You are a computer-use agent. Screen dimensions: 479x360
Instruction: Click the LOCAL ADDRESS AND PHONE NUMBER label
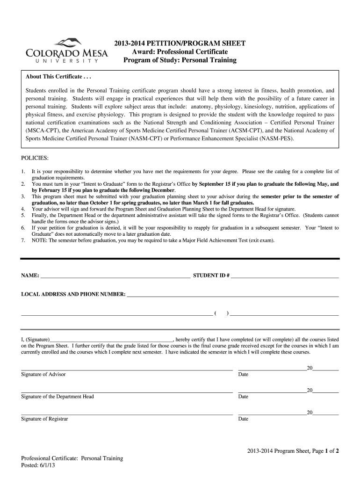coord(73,294)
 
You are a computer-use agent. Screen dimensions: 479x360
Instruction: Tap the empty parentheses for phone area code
coord(221,313)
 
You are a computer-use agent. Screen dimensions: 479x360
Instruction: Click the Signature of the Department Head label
coord(58,397)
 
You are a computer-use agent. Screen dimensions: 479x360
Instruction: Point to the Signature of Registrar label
coord(45,419)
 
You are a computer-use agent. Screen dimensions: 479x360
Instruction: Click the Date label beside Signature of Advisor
coord(243,375)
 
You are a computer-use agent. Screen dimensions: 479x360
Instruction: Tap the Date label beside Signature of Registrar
coord(243,419)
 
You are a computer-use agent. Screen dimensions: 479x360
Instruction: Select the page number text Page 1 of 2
coord(318,451)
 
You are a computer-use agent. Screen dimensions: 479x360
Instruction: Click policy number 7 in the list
coord(23,240)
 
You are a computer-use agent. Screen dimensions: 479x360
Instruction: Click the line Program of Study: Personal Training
coord(180,60)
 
